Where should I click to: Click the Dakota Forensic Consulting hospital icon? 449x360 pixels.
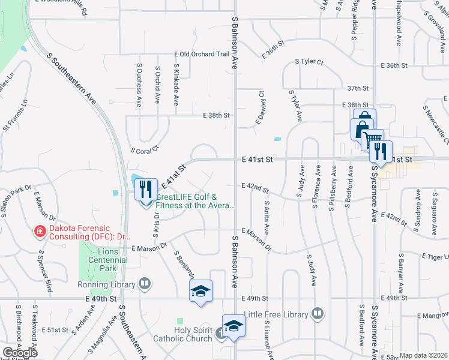coord(40,230)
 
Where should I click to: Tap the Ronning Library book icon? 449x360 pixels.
coord(144,283)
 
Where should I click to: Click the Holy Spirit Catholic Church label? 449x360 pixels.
coord(193,335)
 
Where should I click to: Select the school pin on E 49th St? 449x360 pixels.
coord(200,292)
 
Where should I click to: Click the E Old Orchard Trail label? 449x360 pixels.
coord(202,54)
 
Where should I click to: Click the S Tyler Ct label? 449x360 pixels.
coord(309,62)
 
